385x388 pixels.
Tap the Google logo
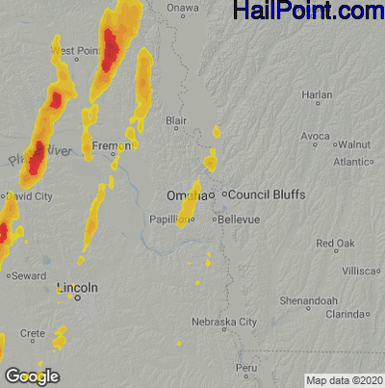(32, 376)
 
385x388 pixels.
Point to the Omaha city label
(183, 195)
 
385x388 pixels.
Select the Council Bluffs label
(267, 194)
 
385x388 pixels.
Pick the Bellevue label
(239, 220)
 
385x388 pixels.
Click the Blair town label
(176, 121)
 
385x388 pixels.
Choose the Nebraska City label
(224, 322)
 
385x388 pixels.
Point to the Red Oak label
(336, 243)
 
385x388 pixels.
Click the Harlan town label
(317, 95)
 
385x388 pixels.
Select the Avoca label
(315, 137)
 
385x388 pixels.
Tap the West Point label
(74, 51)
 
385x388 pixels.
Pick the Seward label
(29, 275)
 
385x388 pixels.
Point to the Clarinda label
(344, 315)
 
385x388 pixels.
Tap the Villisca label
(362, 272)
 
